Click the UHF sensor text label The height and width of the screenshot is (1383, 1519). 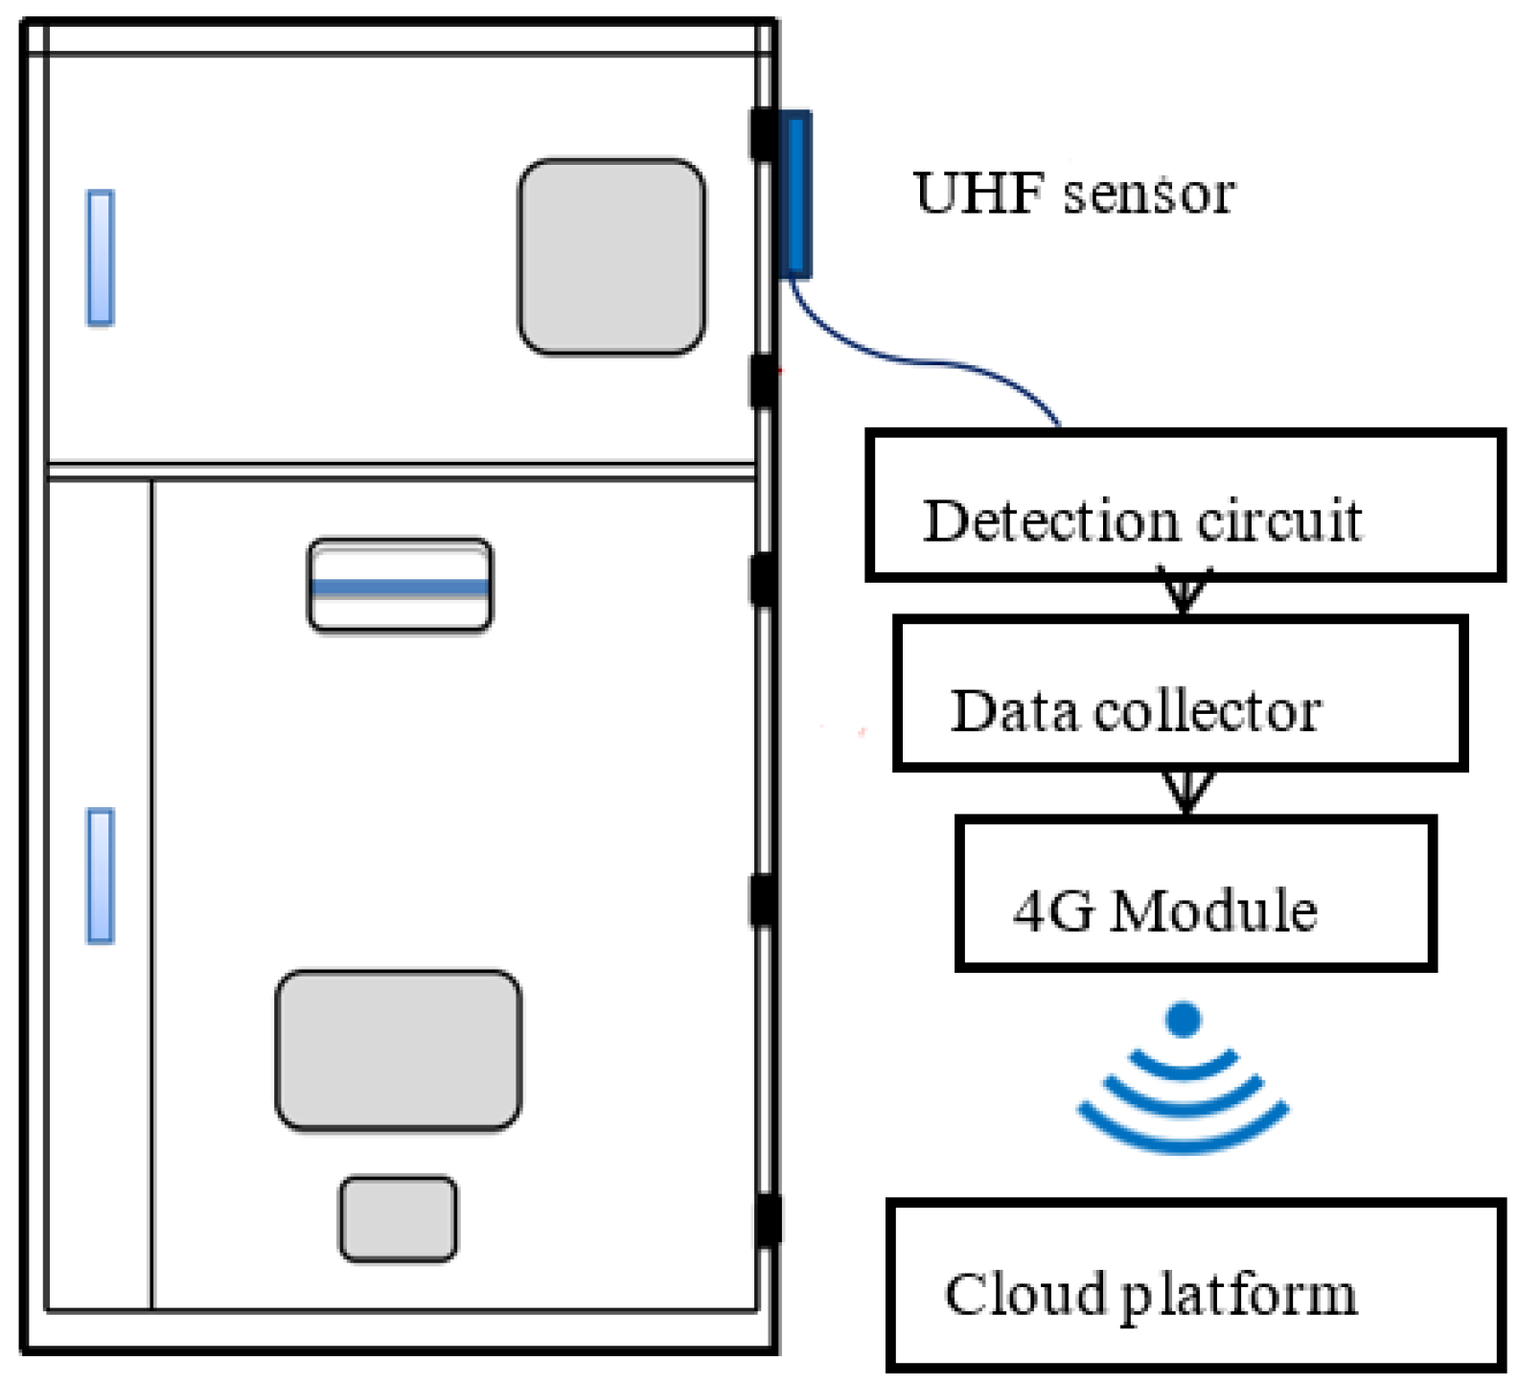tap(1073, 194)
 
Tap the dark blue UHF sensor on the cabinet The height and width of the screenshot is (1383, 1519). tap(795, 195)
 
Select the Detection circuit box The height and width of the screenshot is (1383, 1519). tap(1185, 505)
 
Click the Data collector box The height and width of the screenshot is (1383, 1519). tap(1180, 693)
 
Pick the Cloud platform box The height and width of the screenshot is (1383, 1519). tap(1195, 1282)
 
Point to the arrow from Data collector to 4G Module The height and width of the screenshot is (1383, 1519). tap(1187, 792)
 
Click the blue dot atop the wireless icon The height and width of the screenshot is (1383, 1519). tap(1185, 1019)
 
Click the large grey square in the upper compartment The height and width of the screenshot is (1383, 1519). tap(611, 257)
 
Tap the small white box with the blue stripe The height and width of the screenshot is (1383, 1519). tap(400, 586)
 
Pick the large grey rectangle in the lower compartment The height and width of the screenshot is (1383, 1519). tap(398, 1049)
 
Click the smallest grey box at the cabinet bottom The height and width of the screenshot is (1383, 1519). tap(398, 1218)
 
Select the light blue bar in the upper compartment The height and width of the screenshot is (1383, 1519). tap(101, 257)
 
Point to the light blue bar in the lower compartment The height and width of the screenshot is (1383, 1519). tap(101, 875)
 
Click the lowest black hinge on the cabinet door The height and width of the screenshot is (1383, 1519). tap(767, 1219)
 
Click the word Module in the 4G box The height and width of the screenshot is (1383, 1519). tap(1213, 910)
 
